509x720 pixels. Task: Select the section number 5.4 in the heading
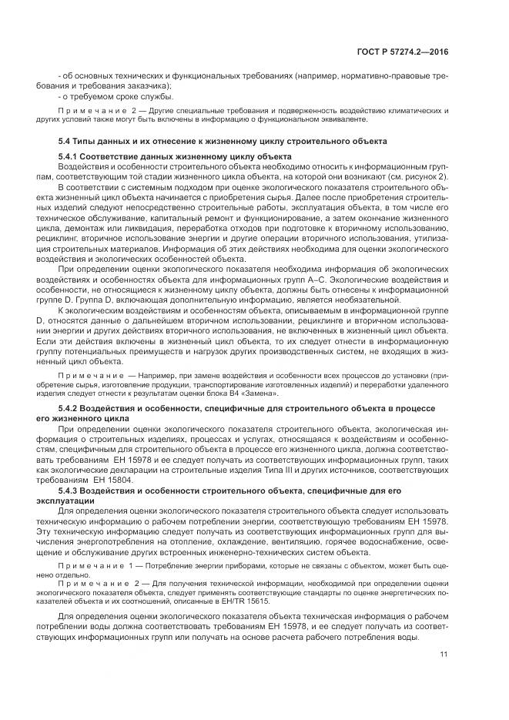click(x=65, y=142)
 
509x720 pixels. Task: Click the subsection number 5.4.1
click(x=70, y=157)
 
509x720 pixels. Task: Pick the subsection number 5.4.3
click(x=70, y=491)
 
